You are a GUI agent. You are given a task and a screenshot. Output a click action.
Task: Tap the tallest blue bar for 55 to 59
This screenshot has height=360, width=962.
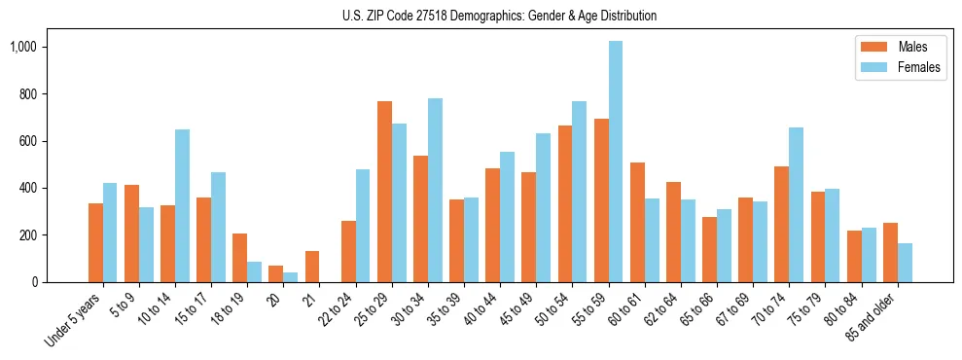tap(615, 162)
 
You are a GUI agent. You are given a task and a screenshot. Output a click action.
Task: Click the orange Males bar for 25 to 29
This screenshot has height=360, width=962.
tap(384, 192)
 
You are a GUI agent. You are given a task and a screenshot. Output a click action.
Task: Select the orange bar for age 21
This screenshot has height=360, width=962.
tap(312, 267)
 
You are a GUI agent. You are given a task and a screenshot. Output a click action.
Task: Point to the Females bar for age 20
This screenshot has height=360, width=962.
tap(291, 277)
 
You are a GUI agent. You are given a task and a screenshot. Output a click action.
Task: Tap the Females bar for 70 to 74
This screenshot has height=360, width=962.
tap(796, 204)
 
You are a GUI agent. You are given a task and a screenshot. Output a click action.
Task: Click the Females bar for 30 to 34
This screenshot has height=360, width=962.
tap(435, 190)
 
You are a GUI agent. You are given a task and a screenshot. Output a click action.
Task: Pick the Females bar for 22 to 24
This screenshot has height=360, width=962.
tap(363, 226)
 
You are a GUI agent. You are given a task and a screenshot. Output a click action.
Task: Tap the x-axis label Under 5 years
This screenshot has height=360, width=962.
tap(73, 320)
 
